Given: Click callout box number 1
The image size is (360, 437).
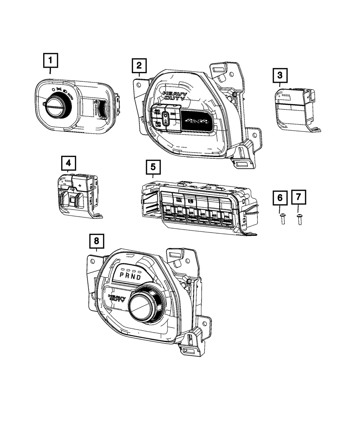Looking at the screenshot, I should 50,60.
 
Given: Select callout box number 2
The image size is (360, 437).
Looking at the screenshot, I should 139,66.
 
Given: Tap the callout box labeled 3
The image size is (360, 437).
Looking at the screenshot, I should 280,76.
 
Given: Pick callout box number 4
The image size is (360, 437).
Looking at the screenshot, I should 68,164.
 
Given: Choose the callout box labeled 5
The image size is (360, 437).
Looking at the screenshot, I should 153,167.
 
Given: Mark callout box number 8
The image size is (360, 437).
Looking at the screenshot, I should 96,241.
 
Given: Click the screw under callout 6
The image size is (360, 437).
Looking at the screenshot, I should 283,218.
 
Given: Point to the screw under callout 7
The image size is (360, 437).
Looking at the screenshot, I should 300,218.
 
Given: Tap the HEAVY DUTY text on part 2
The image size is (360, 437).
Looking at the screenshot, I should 174,96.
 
